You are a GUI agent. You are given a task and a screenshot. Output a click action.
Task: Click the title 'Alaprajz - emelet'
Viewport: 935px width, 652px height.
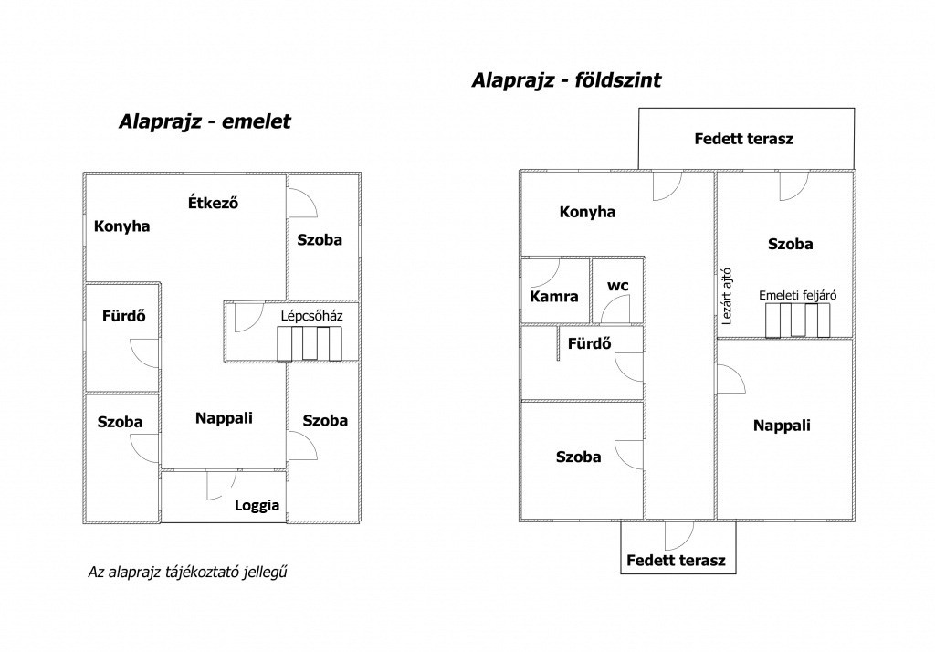click(x=205, y=121)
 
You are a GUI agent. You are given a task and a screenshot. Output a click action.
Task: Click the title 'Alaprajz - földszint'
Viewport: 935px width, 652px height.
click(x=566, y=80)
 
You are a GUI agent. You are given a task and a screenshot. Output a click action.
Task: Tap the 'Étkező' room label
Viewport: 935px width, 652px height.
click(x=213, y=203)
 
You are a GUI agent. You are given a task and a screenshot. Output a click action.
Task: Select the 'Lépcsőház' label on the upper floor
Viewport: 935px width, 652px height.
click(x=312, y=316)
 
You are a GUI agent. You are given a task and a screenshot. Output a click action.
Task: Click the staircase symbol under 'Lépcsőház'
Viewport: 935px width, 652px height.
click(x=310, y=344)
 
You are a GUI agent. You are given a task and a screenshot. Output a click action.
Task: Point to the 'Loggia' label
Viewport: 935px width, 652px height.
click(x=257, y=505)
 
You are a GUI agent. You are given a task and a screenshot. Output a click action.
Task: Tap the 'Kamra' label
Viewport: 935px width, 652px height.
click(x=554, y=297)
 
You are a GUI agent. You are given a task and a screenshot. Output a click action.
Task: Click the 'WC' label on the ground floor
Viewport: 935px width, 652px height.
click(x=618, y=287)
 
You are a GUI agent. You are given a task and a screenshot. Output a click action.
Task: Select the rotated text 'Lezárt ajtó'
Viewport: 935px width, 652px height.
click(x=726, y=297)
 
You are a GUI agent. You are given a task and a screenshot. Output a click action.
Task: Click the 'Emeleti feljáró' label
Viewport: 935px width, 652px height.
click(x=798, y=295)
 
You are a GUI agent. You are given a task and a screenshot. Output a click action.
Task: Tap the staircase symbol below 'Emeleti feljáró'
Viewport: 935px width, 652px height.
click(x=798, y=321)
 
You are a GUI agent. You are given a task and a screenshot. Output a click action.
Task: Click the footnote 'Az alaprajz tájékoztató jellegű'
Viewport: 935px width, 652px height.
click(x=188, y=572)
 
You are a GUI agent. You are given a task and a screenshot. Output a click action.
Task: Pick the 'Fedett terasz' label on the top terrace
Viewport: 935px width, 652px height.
click(x=743, y=139)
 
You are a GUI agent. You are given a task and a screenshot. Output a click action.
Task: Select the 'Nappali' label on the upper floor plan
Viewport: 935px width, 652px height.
click(x=225, y=418)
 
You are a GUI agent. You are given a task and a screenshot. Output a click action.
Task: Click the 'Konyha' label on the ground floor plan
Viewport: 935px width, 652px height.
click(x=587, y=212)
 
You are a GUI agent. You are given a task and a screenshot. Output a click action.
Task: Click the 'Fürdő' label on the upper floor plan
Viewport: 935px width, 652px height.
click(x=124, y=316)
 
